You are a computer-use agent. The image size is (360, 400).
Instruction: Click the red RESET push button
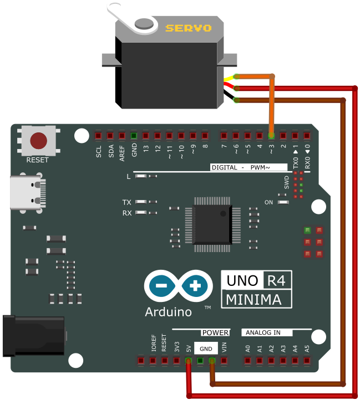(39, 141)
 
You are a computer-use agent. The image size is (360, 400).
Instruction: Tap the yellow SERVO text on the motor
(189, 28)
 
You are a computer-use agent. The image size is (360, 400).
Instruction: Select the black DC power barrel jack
(34, 336)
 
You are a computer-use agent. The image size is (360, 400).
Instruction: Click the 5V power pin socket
(188, 361)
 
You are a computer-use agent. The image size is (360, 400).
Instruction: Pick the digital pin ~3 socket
(271, 136)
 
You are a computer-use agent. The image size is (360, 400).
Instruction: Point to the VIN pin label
(224, 347)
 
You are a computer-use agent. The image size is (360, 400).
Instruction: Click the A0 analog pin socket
(247, 361)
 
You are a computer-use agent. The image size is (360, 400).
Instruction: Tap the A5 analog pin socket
(307, 361)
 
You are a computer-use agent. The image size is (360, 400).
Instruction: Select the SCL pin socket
(98, 136)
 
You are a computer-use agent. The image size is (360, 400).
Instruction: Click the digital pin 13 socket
(146, 136)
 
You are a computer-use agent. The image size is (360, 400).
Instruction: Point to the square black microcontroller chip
(212, 224)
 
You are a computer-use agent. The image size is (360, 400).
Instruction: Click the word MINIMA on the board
(253, 300)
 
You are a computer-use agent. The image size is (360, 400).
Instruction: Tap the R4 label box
(277, 280)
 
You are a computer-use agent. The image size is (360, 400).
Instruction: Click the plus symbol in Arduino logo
(195, 286)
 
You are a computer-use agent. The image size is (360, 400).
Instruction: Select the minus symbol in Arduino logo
(161, 286)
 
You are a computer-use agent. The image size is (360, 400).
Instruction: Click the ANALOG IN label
(263, 332)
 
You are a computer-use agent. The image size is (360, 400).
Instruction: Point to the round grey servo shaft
(144, 24)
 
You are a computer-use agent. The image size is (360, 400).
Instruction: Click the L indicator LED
(141, 176)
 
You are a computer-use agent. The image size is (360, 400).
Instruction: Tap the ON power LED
(283, 202)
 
